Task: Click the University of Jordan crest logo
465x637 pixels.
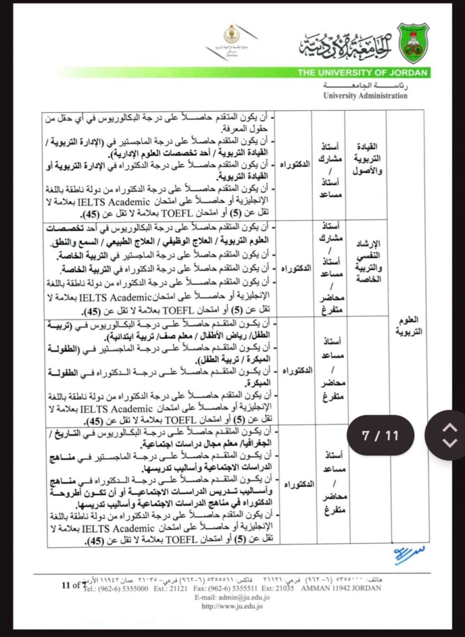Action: click(x=413, y=44)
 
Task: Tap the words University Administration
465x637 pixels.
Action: click(x=365, y=96)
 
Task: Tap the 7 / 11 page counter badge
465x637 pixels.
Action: click(x=380, y=436)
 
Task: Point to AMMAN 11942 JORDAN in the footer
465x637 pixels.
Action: click(x=340, y=588)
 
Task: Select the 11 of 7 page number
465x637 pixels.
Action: click(x=73, y=586)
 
